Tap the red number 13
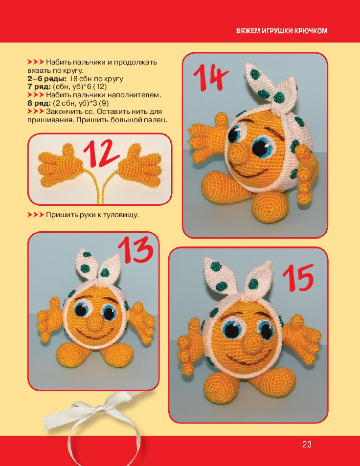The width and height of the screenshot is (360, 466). point(135,250)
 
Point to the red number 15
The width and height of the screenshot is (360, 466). point(298,277)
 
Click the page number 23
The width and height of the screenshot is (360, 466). point(307,444)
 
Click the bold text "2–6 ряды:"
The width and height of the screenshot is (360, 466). point(47,79)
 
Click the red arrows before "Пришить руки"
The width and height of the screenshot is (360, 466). point(36,215)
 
